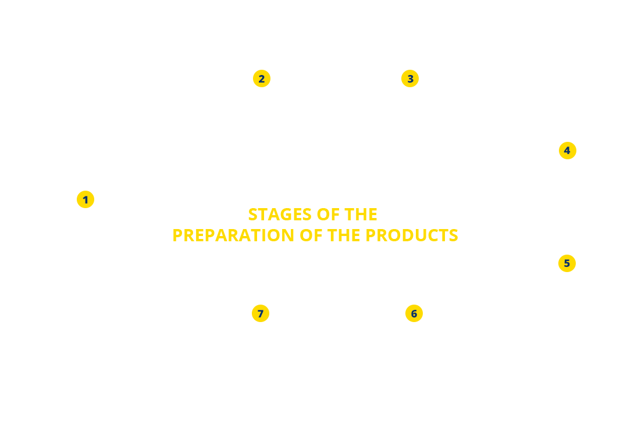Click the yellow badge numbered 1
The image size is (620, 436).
[85, 199]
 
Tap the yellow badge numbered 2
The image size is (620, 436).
[261, 78]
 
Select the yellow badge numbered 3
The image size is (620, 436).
[410, 78]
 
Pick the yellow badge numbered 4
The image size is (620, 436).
[567, 151]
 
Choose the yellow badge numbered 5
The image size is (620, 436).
[566, 263]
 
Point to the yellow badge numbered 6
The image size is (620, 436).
[414, 313]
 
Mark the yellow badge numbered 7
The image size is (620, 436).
[260, 313]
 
